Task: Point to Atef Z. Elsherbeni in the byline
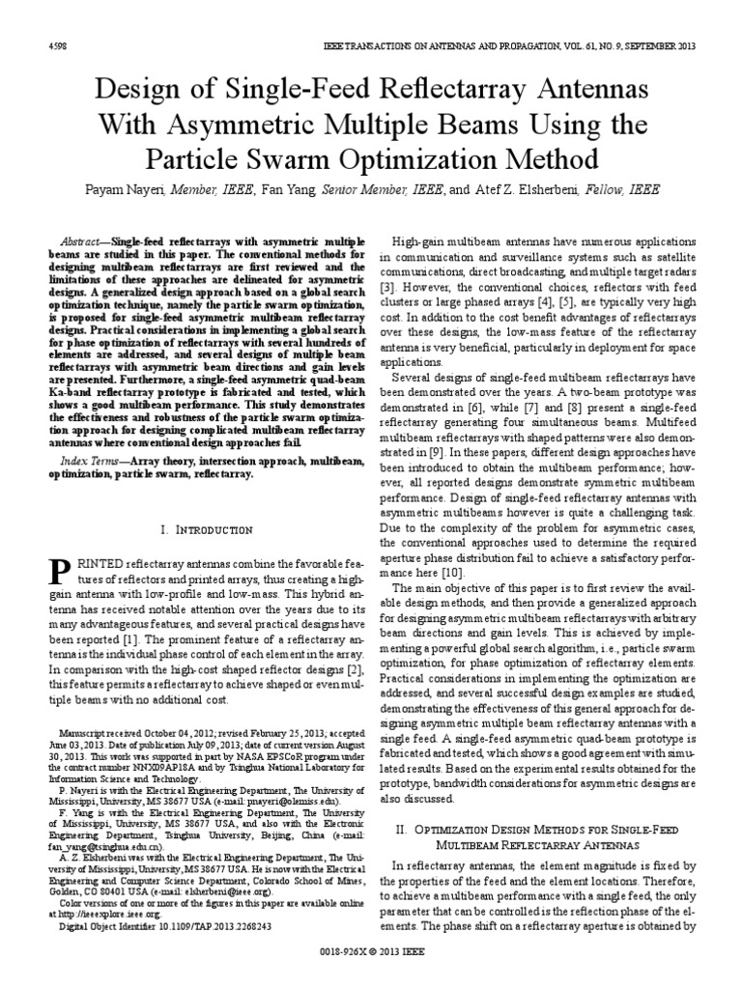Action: [518, 191]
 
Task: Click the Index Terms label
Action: [88, 462]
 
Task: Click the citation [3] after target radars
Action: [386, 288]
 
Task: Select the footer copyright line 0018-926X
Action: [371, 971]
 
